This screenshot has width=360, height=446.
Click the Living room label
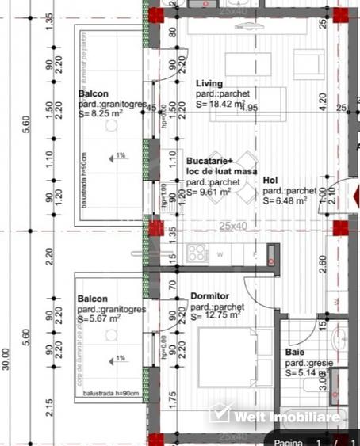(209, 83)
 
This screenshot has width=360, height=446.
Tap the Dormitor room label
(209, 296)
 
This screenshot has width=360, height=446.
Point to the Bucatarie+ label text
(209, 161)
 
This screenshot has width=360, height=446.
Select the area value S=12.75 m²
(214, 316)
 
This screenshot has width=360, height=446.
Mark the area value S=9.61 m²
(208, 191)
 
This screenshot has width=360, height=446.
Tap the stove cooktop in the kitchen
(196, 253)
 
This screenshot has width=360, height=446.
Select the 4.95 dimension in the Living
(251, 108)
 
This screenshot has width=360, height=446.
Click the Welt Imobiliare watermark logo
(274, 415)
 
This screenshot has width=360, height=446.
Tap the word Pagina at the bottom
(289, 442)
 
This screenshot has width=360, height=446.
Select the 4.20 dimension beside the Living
(322, 101)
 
